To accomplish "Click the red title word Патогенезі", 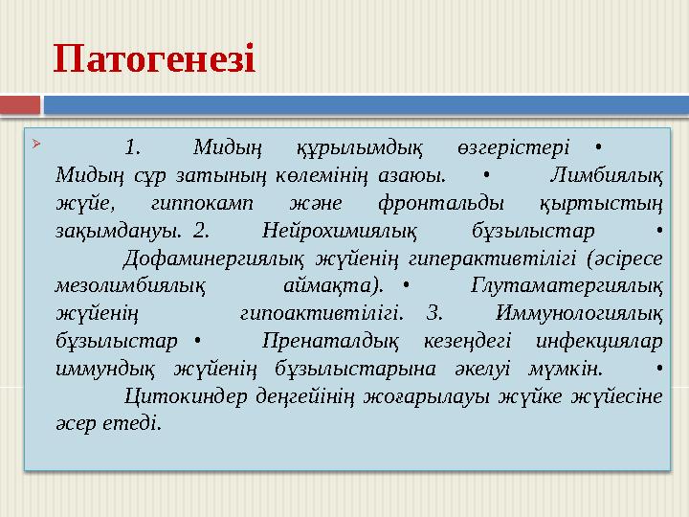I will (154, 58).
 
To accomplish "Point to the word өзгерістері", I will (508, 147).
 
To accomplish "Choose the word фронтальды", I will (433, 203).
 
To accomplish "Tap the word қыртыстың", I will (602, 203).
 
